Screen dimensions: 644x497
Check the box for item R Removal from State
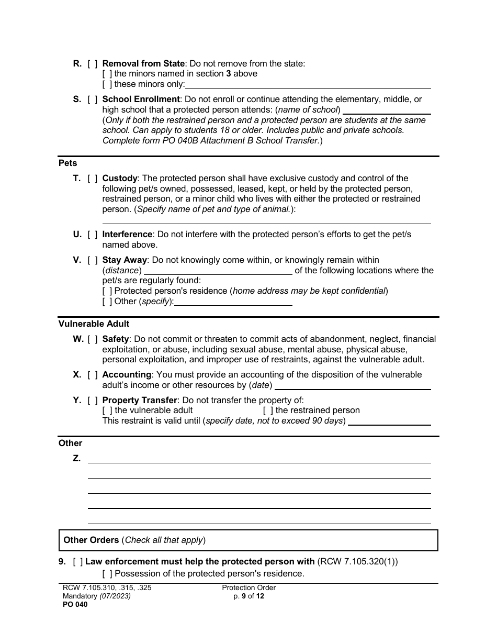click(x=93, y=64)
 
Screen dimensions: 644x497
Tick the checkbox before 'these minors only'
click(x=107, y=84)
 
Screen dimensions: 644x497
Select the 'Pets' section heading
click(x=67, y=163)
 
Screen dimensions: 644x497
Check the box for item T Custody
click(x=93, y=179)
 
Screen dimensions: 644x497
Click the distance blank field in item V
click(x=218, y=271)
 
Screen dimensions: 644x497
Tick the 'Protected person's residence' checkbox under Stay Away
click(x=107, y=291)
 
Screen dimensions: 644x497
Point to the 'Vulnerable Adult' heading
click(x=94, y=324)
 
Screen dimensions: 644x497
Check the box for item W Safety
click(x=93, y=339)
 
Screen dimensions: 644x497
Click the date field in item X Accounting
click(x=353, y=386)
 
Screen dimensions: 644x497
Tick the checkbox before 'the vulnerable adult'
click(x=107, y=410)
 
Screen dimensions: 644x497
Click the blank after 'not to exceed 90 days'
click(x=389, y=421)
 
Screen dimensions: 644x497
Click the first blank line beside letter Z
click(x=259, y=459)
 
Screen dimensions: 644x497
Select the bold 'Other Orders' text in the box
click(x=91, y=540)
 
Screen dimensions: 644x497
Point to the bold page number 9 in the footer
click(x=243, y=596)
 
